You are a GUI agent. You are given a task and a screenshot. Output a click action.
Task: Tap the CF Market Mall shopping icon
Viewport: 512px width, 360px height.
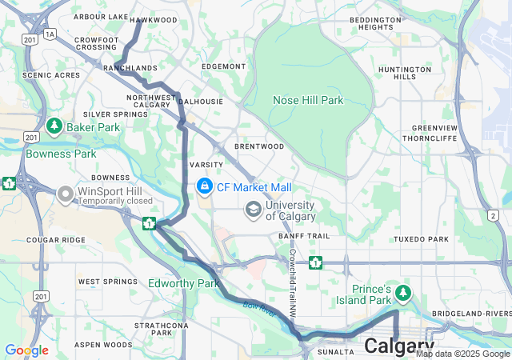click(204, 186)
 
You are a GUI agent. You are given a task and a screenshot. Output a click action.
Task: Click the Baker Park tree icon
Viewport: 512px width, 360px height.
click(54, 126)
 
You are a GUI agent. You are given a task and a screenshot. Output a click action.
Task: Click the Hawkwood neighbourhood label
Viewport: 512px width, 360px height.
click(154, 19)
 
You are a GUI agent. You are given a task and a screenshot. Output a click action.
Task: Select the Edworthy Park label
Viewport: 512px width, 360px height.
click(183, 283)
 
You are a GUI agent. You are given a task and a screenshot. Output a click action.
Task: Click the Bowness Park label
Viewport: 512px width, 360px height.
click(61, 154)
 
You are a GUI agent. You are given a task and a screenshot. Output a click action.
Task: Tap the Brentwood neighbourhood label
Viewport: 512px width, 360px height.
click(259, 146)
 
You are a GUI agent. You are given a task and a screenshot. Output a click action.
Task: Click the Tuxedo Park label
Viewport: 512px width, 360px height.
click(421, 239)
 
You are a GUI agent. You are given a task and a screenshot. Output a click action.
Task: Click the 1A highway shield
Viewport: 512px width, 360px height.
click(50, 34)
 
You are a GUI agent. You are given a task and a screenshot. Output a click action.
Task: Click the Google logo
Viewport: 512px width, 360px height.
click(26, 350)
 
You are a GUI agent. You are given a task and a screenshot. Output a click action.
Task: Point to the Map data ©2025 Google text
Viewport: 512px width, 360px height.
click(462, 354)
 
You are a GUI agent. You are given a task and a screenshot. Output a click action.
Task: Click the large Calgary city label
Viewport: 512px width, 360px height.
click(399, 346)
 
